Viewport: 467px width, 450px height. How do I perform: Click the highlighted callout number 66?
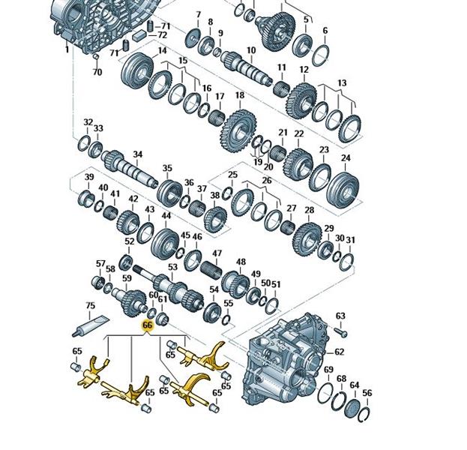pyautogui.click(x=148, y=325)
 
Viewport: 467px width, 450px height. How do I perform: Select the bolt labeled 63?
pyautogui.click(x=341, y=332)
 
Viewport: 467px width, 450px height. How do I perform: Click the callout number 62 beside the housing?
pyautogui.click(x=340, y=352)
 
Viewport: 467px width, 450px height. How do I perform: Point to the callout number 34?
pyautogui.click(x=138, y=154)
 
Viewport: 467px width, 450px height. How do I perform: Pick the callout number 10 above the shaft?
pyautogui.click(x=251, y=50)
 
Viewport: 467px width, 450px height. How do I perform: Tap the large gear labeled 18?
pyautogui.click(x=239, y=131)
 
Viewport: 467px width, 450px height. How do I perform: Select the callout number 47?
pyautogui.click(x=217, y=253)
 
